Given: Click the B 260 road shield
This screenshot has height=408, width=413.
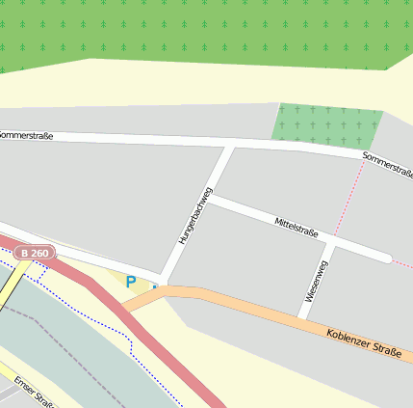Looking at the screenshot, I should click(x=35, y=254).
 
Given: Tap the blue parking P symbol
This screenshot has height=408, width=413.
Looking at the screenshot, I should click(x=131, y=283).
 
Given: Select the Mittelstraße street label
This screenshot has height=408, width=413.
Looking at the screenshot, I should click(x=297, y=228).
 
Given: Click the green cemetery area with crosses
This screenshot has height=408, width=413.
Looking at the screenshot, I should click(x=327, y=125).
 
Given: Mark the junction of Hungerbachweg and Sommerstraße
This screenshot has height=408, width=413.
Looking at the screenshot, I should click(x=229, y=146).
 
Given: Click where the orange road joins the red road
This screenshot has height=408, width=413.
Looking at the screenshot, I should click(x=122, y=307).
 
